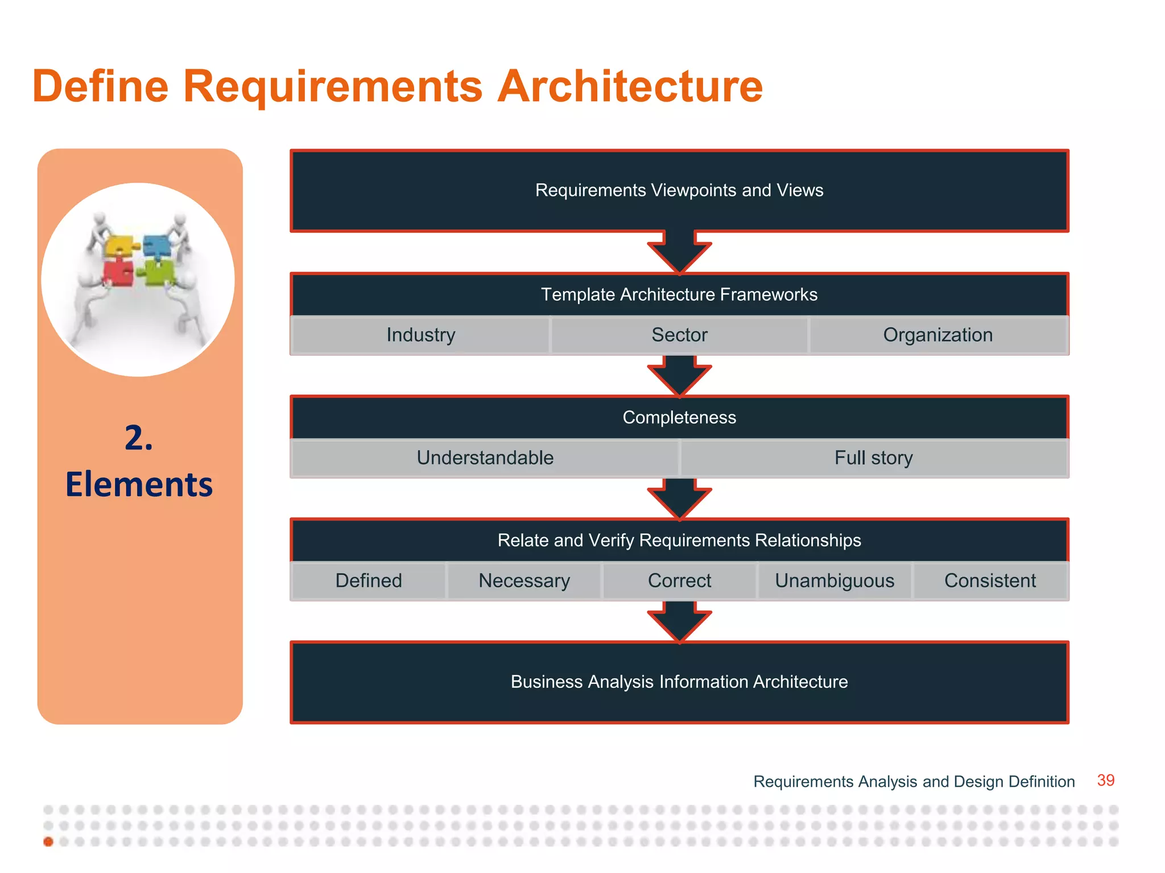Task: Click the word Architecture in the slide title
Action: pos(630,86)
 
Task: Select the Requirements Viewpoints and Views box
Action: pos(679,191)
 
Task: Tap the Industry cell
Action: pos(420,335)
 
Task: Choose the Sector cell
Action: pos(679,335)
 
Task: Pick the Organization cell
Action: pos(937,335)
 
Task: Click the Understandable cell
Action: pos(485,458)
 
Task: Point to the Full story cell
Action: pos(873,458)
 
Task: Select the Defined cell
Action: pos(369,581)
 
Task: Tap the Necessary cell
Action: pos(524,581)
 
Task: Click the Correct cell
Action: pos(679,581)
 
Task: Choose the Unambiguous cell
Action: pos(834,581)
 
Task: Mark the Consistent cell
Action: pos(990,581)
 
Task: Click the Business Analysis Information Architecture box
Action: pos(679,682)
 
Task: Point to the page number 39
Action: pos(1105,780)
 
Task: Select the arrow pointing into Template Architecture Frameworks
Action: pos(679,252)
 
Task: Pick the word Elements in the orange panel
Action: pos(139,485)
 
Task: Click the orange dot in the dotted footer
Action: pos(48,842)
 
